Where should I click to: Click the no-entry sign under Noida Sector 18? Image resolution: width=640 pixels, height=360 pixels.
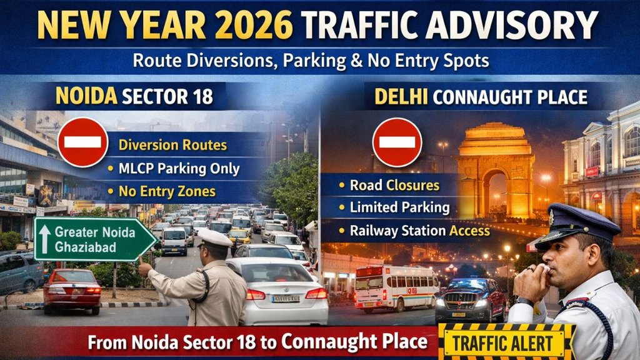click(x=82, y=142)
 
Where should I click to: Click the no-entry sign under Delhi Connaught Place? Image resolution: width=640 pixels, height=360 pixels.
click(x=397, y=142)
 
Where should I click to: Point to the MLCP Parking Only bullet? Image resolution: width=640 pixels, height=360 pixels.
click(x=173, y=169)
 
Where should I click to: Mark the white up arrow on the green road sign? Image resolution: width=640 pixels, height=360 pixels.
click(x=45, y=238)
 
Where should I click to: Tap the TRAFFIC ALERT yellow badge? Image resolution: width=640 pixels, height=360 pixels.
click(x=506, y=342)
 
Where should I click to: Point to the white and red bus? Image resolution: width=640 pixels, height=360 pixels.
click(x=397, y=287)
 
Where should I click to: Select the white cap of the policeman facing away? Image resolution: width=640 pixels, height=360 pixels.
click(x=214, y=237)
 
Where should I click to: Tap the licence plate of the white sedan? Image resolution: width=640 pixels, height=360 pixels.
click(x=285, y=299)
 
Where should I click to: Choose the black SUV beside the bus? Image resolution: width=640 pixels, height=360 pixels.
click(x=470, y=300)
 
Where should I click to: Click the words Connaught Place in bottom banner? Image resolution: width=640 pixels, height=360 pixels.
click(x=354, y=342)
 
